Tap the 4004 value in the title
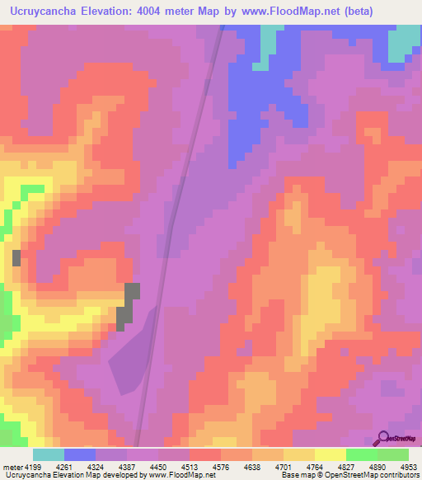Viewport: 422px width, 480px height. click(162, 12)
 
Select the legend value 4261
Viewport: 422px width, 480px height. click(81, 467)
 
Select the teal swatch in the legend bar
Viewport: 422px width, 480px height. click(48, 454)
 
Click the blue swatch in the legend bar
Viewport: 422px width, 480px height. click(79, 454)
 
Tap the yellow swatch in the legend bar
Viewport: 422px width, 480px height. click(330, 454)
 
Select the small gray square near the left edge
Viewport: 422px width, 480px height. click(16, 257)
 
